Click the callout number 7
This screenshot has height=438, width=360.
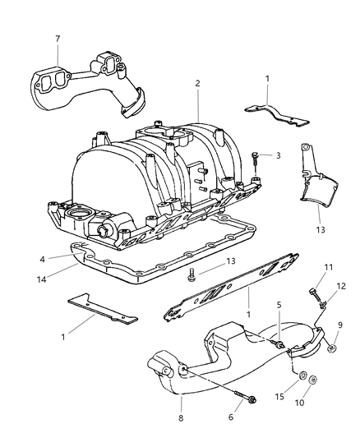click(x=58, y=39)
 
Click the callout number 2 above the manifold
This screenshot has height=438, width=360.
click(x=197, y=83)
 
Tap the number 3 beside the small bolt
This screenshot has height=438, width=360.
click(x=278, y=155)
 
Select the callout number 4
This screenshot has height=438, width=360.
click(x=42, y=260)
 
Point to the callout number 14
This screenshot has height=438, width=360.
click(x=42, y=279)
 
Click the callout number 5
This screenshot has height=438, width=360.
click(x=279, y=305)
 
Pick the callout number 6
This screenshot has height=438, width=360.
click(x=231, y=417)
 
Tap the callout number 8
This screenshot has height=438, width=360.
click(x=181, y=418)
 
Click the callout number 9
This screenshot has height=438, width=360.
click(x=340, y=325)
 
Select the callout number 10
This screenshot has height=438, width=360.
click(x=299, y=403)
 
